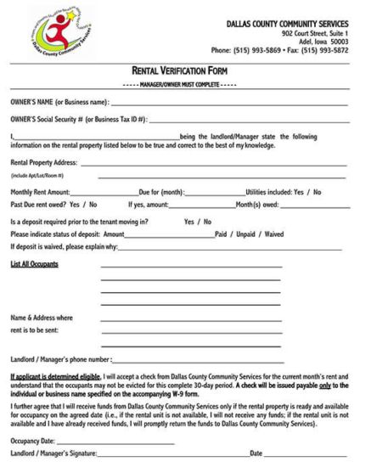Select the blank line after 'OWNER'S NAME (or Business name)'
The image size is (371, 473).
229,104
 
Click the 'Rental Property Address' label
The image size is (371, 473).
43,162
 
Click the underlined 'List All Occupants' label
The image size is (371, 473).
35,263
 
